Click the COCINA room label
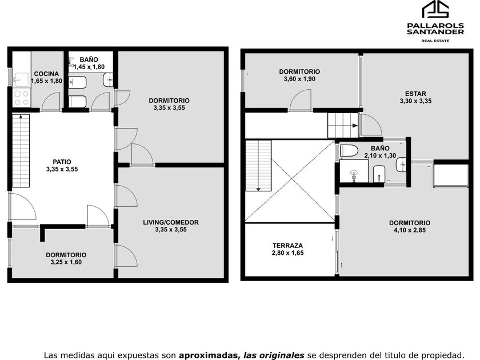46,74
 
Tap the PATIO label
62,162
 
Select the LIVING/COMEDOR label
171,222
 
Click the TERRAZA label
288,246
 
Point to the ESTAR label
415,94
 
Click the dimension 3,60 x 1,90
299,79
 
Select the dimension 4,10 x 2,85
410,230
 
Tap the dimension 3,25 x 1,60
66,262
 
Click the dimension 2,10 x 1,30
380,155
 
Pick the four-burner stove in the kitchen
21,98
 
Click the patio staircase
21,151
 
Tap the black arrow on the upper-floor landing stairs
355,126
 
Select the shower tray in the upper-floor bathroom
354,171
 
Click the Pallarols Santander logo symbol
435,9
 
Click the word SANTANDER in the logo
435,32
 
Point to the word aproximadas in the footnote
209,355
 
